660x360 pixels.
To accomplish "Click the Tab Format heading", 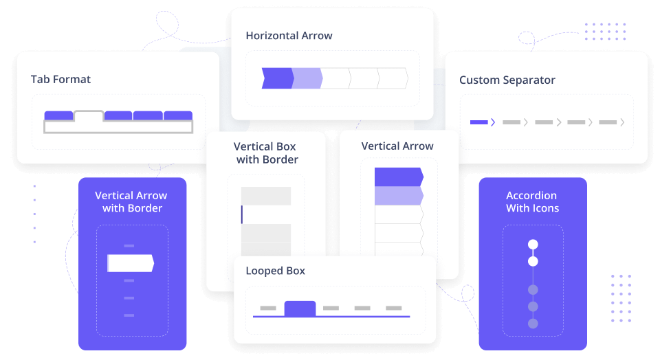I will click(60, 79).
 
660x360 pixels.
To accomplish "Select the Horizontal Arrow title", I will click(289, 36).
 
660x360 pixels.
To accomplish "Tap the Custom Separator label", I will click(507, 80).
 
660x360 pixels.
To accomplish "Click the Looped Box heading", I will click(275, 271).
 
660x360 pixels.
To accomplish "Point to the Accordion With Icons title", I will click(532, 201).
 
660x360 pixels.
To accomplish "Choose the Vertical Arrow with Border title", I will click(131, 201).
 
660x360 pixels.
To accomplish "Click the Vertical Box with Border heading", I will click(266, 153).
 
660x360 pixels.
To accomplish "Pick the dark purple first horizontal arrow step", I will click(277, 78).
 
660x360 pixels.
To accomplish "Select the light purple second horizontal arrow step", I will click(307, 78).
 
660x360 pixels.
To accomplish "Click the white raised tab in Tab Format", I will click(89, 117).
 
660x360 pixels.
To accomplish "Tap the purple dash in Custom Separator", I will click(478, 122).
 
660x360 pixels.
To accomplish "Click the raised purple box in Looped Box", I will click(300, 308).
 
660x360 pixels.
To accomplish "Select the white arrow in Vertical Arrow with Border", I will click(131, 263).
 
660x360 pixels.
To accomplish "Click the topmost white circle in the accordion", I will click(533, 245).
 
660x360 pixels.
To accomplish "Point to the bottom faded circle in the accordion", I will click(533, 323).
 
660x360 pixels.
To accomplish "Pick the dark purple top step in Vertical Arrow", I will click(398, 177).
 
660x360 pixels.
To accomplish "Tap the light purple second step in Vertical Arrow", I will click(398, 196).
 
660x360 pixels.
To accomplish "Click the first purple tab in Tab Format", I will click(58, 115).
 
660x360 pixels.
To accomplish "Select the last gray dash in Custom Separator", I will click(608, 122).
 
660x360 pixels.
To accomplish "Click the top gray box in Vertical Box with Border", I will click(266, 196).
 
